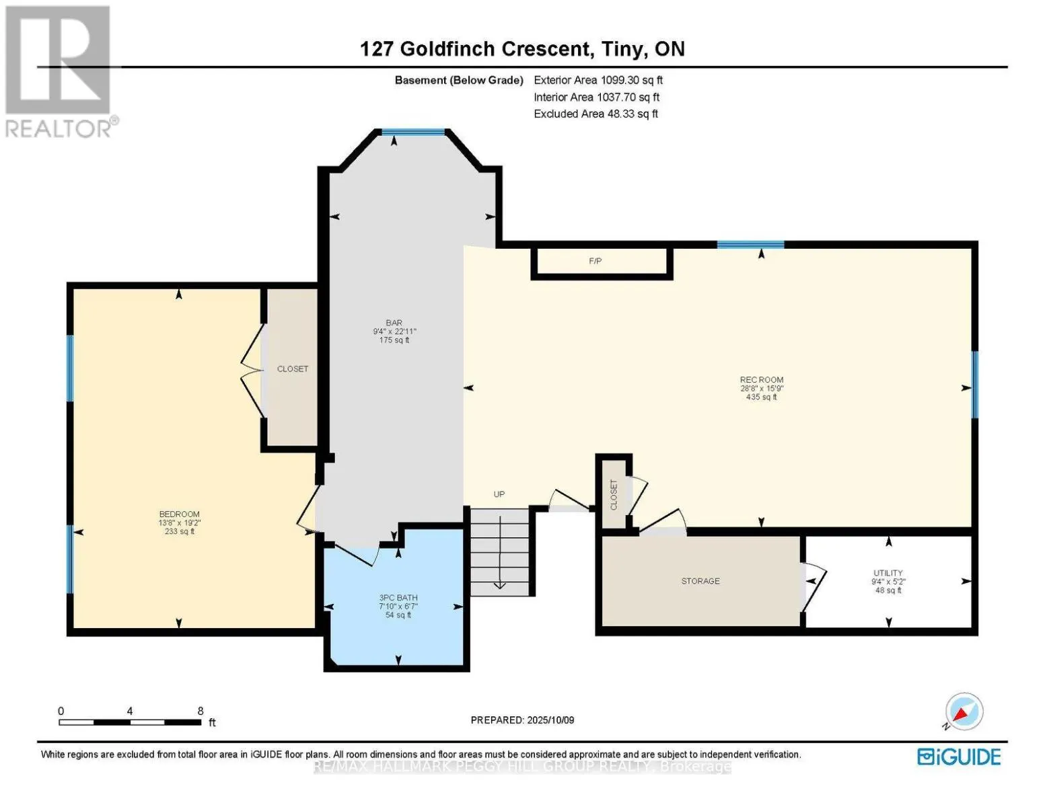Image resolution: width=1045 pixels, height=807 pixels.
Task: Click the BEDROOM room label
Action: click(179, 514)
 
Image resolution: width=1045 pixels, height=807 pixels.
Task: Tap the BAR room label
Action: click(394, 323)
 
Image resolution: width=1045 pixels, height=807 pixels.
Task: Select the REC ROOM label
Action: click(761, 380)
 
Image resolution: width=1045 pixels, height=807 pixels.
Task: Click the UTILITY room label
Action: click(888, 573)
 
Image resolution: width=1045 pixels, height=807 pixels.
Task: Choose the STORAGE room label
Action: click(700, 581)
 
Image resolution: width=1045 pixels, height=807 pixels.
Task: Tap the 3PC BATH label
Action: click(398, 598)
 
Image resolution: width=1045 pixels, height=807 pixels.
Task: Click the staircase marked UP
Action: click(499, 551)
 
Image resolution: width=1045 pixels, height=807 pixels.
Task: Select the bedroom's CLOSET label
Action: click(293, 369)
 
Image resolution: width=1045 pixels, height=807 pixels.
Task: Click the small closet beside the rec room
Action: click(614, 495)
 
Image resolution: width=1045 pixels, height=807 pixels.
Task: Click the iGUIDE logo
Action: click(959, 757)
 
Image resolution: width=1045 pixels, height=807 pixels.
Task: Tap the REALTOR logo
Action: click(59, 71)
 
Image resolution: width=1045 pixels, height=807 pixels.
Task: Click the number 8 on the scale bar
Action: click(201, 711)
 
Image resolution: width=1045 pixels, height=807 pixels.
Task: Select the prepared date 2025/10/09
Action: click(550, 720)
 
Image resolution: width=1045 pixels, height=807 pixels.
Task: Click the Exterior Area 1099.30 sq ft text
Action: click(598, 80)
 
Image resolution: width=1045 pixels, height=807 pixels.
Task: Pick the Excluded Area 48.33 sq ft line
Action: click(596, 114)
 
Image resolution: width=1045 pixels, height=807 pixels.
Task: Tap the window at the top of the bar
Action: click(413, 132)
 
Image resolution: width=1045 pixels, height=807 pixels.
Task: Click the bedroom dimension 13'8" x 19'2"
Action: click(179, 523)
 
